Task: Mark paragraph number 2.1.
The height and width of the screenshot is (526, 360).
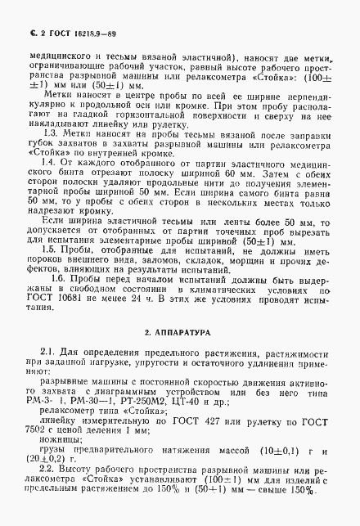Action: [54, 374]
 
